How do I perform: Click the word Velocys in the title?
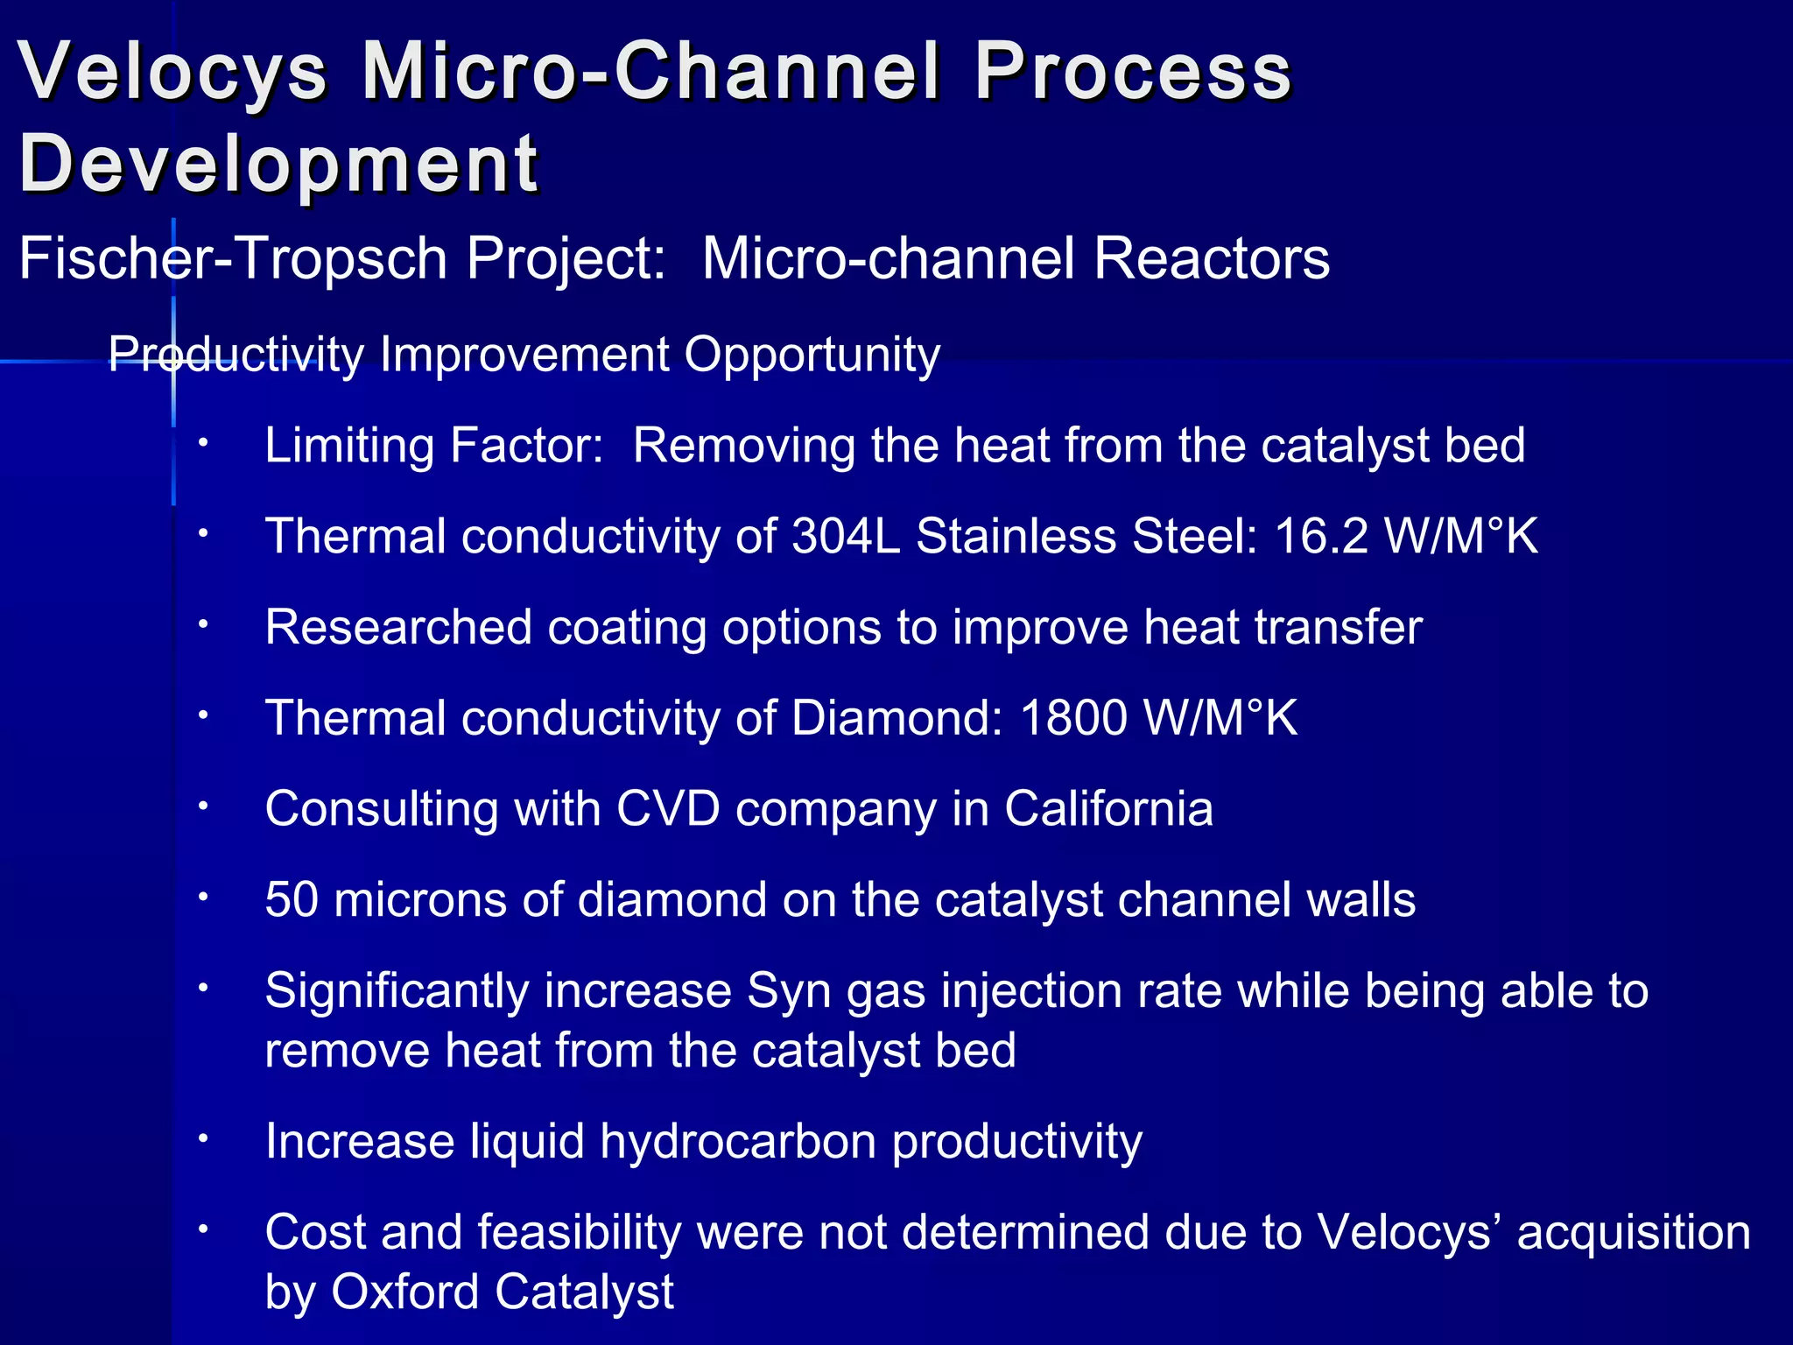pos(172,72)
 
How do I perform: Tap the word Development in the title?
pos(278,164)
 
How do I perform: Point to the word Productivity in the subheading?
pos(236,356)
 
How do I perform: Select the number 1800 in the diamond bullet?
pos(1073,718)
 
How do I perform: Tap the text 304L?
pos(846,536)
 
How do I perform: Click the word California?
pos(1108,808)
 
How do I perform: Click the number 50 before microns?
pos(292,899)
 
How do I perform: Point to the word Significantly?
pos(397,991)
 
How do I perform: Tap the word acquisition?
pos(1634,1233)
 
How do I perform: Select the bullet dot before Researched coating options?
pos(202,624)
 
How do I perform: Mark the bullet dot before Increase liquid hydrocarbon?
pos(202,1138)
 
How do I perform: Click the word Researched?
pos(398,627)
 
